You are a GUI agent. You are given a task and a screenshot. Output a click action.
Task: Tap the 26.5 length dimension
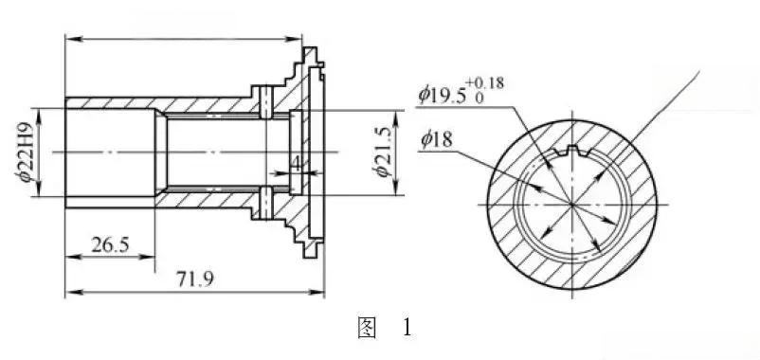(x=110, y=245)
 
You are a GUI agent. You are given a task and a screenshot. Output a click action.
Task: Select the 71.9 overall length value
(x=195, y=279)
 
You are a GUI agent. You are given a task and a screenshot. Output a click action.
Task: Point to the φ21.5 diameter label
(x=382, y=153)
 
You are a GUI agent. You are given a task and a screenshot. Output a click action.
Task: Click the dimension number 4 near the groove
(x=295, y=165)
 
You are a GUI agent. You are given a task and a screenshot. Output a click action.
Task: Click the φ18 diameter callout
(x=436, y=140)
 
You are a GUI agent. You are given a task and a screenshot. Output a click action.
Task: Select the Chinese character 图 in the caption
(x=367, y=329)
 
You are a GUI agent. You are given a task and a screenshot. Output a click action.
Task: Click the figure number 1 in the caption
(x=407, y=329)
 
